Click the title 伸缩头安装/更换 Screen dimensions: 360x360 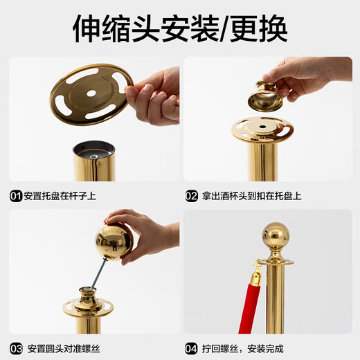pyautogui.click(x=179, y=29)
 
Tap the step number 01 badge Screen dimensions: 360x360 pyautogui.click(x=16, y=196)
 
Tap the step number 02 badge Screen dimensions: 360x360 pyautogui.click(x=192, y=196)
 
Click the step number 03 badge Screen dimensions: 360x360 pyautogui.click(x=16, y=348)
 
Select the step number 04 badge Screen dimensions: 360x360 pyautogui.click(x=192, y=348)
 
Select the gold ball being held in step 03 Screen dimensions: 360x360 pyautogui.click(x=114, y=242)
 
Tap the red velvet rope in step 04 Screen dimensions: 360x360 pyautogui.click(x=247, y=305)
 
